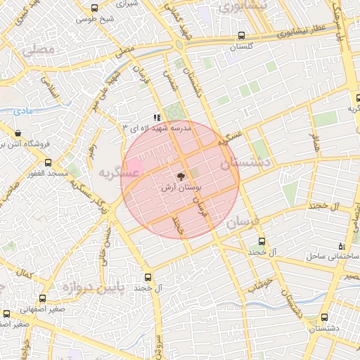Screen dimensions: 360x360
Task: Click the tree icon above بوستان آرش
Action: pos(180,176)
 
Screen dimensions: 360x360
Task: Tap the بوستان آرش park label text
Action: pos(182,188)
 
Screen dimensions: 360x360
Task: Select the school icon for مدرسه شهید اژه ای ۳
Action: pos(155,117)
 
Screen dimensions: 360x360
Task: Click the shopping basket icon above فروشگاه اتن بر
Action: pos(18,133)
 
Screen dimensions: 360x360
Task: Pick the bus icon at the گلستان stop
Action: pos(242,34)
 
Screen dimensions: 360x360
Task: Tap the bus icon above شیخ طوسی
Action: pos(95,8)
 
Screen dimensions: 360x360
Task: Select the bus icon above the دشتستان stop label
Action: pos(324,316)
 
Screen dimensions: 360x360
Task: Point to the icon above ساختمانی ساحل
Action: pos(342,246)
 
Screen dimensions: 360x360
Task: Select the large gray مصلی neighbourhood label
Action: pos(39,51)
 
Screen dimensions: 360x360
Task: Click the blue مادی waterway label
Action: pos(23,110)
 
